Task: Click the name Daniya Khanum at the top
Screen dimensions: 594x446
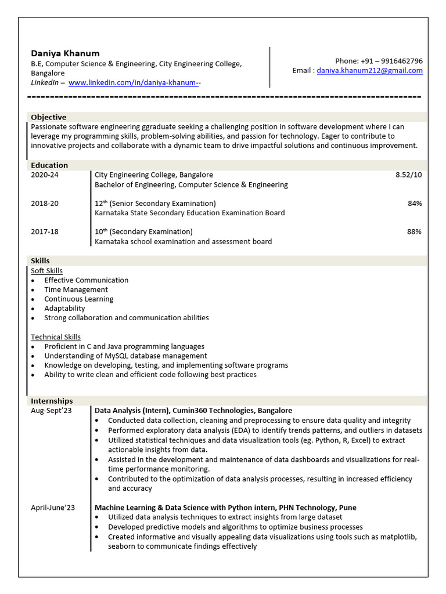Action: [65, 53]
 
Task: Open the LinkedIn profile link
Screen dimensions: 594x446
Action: [134, 83]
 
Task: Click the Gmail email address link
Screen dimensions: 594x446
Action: [369, 71]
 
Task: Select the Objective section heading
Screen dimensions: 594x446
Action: [49, 117]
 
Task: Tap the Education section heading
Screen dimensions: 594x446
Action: [49, 165]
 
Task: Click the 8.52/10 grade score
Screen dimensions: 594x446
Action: [409, 175]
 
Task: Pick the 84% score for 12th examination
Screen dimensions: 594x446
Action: [415, 204]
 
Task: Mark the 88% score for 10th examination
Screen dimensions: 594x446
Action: [415, 232]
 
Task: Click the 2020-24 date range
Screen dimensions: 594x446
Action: [45, 175]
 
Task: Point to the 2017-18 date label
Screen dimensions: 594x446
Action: [45, 232]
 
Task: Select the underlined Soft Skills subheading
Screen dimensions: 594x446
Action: [46, 271]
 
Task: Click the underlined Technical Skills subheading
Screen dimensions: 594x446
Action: [56, 337]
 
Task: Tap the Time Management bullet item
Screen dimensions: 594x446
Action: [76, 289]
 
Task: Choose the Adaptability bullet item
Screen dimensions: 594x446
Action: [64, 309]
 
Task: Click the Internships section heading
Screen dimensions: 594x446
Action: [52, 401]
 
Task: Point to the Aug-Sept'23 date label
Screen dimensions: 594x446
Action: [51, 411]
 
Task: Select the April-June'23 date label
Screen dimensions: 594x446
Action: [53, 508]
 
